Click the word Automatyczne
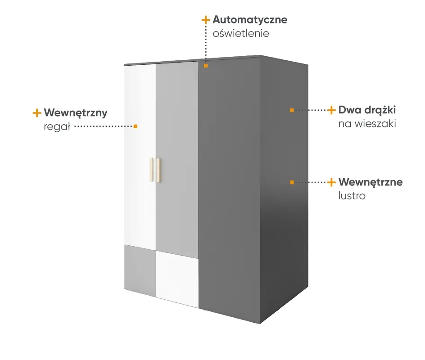250,20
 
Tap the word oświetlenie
241,34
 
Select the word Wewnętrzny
76,113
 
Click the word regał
57,126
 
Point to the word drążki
380,110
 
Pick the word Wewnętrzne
371,182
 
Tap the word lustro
352,196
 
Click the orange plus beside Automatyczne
206,20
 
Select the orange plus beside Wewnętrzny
37,113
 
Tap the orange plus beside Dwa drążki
331,110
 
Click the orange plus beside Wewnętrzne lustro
331,182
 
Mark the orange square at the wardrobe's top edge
206,66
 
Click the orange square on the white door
136,126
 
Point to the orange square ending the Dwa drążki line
292,110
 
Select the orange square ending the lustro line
292,182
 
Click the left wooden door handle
151,170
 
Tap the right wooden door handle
158,171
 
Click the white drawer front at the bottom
177,279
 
